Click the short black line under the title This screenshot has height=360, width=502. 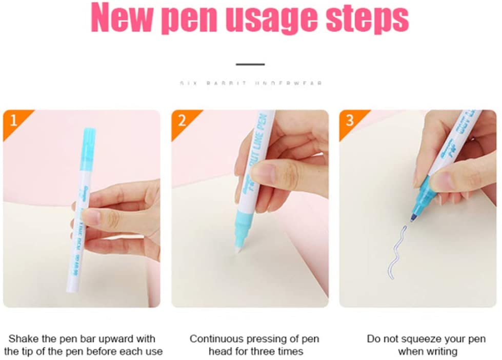250,65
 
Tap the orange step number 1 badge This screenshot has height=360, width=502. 13,121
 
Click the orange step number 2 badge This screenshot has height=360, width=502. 182,121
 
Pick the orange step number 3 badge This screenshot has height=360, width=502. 350,121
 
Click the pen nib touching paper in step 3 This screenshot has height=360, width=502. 412,218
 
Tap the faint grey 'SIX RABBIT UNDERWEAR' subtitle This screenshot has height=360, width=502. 251,83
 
